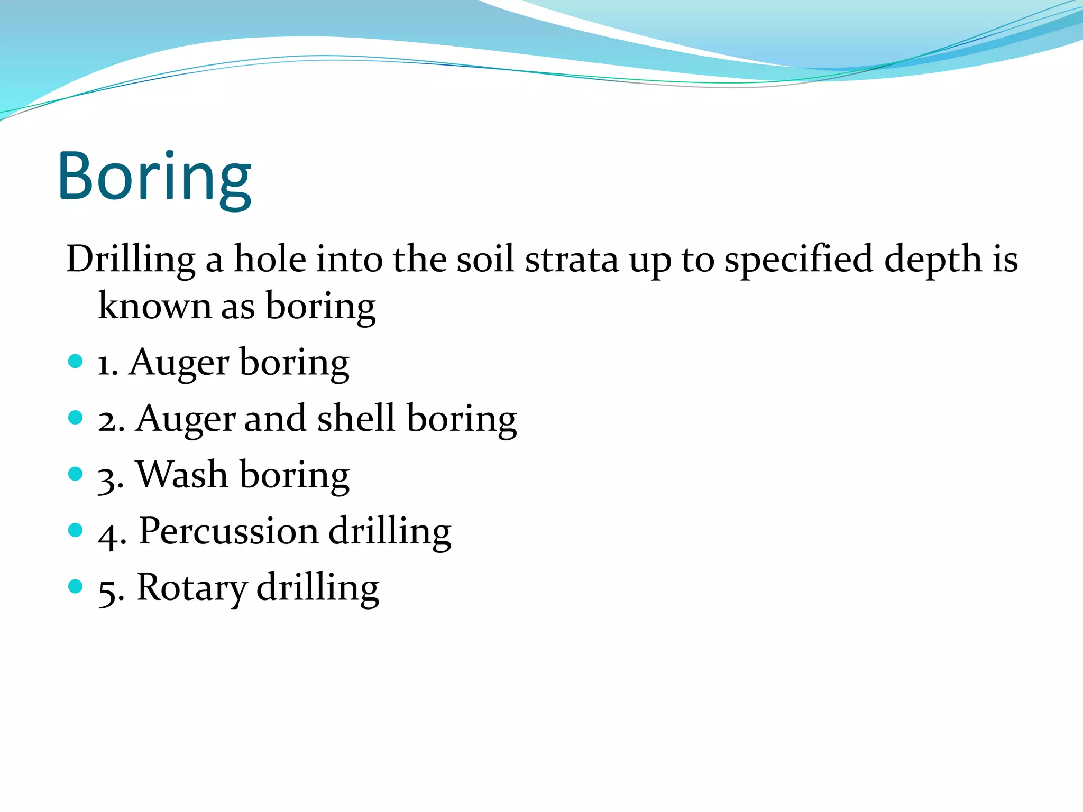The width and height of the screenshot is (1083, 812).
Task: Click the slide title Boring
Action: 154,177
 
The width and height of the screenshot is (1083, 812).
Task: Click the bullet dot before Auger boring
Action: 76,362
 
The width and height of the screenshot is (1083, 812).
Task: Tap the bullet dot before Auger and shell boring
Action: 76,418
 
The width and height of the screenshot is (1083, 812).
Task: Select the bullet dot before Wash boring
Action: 76,474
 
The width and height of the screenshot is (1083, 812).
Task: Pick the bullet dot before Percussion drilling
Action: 76,530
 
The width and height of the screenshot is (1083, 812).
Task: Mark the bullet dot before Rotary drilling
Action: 76,586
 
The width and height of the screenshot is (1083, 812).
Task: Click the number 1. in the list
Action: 107,365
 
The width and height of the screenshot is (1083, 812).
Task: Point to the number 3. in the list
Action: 111,477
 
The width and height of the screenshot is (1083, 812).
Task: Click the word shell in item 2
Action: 356,418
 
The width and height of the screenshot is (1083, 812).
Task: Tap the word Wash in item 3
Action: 182,474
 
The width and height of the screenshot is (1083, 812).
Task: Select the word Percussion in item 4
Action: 228,530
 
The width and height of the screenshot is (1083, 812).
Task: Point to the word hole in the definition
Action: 270,259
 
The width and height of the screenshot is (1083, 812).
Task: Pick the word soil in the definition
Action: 485,259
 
